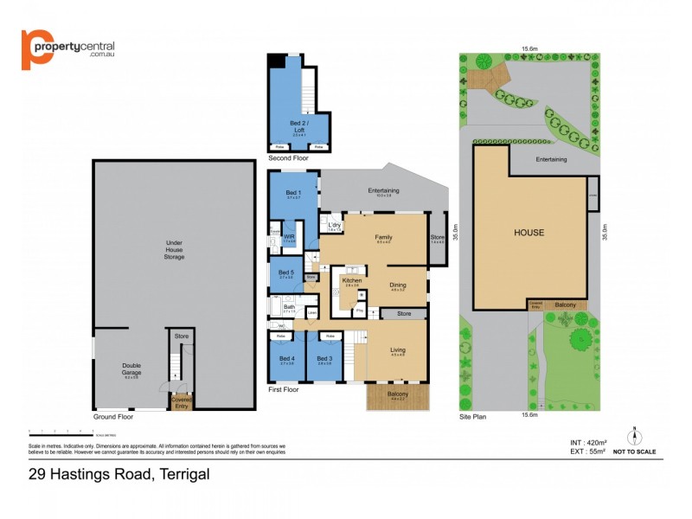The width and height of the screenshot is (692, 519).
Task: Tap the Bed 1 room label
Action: point(293,193)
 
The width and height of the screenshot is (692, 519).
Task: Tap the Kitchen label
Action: point(351,281)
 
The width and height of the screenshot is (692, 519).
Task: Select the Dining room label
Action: point(397,285)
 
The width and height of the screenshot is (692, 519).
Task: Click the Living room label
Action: point(397,349)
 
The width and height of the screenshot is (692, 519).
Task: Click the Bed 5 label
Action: point(286,273)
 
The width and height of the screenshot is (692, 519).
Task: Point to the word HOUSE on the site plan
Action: point(529,232)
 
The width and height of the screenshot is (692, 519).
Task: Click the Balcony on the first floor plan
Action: point(398,394)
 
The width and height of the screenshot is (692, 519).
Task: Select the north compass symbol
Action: point(634,435)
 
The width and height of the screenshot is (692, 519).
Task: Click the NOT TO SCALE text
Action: point(634,452)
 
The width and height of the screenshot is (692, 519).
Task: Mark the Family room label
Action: point(383,237)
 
